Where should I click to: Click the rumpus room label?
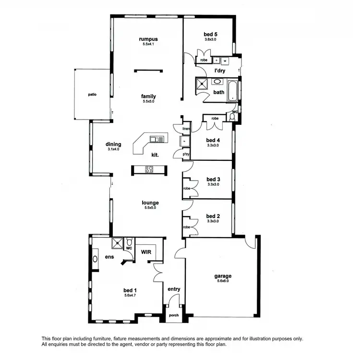[148, 39]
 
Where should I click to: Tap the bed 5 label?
[210, 34]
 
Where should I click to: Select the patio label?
[92, 95]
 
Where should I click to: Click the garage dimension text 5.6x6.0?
[223, 281]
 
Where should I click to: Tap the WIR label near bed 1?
[146, 251]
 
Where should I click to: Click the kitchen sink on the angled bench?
[157, 139]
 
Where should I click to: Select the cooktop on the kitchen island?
[149, 169]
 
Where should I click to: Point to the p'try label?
[185, 154]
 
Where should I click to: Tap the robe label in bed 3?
[187, 188]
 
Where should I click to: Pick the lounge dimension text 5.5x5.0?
[150, 208]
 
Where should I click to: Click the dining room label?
[113, 144]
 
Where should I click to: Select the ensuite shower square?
[117, 243]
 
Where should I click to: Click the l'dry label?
[219, 71]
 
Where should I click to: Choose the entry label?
[174, 289]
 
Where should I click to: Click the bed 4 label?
[213, 140]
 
